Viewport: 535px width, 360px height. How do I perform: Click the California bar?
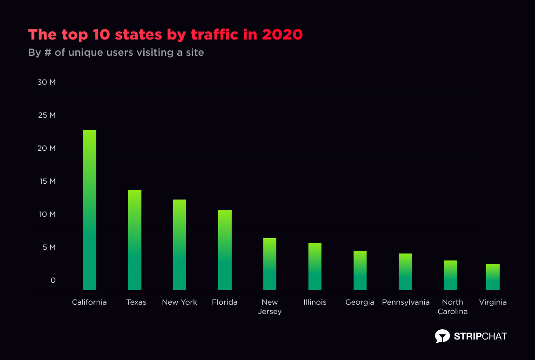click(89, 210)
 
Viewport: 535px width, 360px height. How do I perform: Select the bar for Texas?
click(134, 240)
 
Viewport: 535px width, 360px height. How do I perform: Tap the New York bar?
click(180, 245)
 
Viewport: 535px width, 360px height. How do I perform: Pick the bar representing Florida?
click(225, 250)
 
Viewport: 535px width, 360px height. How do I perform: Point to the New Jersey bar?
click(270, 264)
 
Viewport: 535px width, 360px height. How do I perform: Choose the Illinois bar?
click(315, 267)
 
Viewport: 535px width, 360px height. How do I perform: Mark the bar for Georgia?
click(360, 270)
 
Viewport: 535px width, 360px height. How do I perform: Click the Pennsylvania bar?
click(405, 272)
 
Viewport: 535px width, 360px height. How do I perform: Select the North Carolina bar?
click(450, 275)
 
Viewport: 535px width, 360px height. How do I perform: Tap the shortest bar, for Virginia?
click(493, 277)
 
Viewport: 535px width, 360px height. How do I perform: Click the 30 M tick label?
click(46, 82)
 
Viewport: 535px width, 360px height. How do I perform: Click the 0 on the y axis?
click(53, 280)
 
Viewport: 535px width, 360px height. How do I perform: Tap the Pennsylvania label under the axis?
click(406, 302)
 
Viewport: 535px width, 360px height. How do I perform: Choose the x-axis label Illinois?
click(315, 302)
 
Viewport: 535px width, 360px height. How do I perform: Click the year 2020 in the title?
click(282, 34)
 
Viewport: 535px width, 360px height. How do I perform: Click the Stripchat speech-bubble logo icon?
click(442, 336)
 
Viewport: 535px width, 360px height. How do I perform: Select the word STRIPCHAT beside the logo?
click(480, 336)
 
